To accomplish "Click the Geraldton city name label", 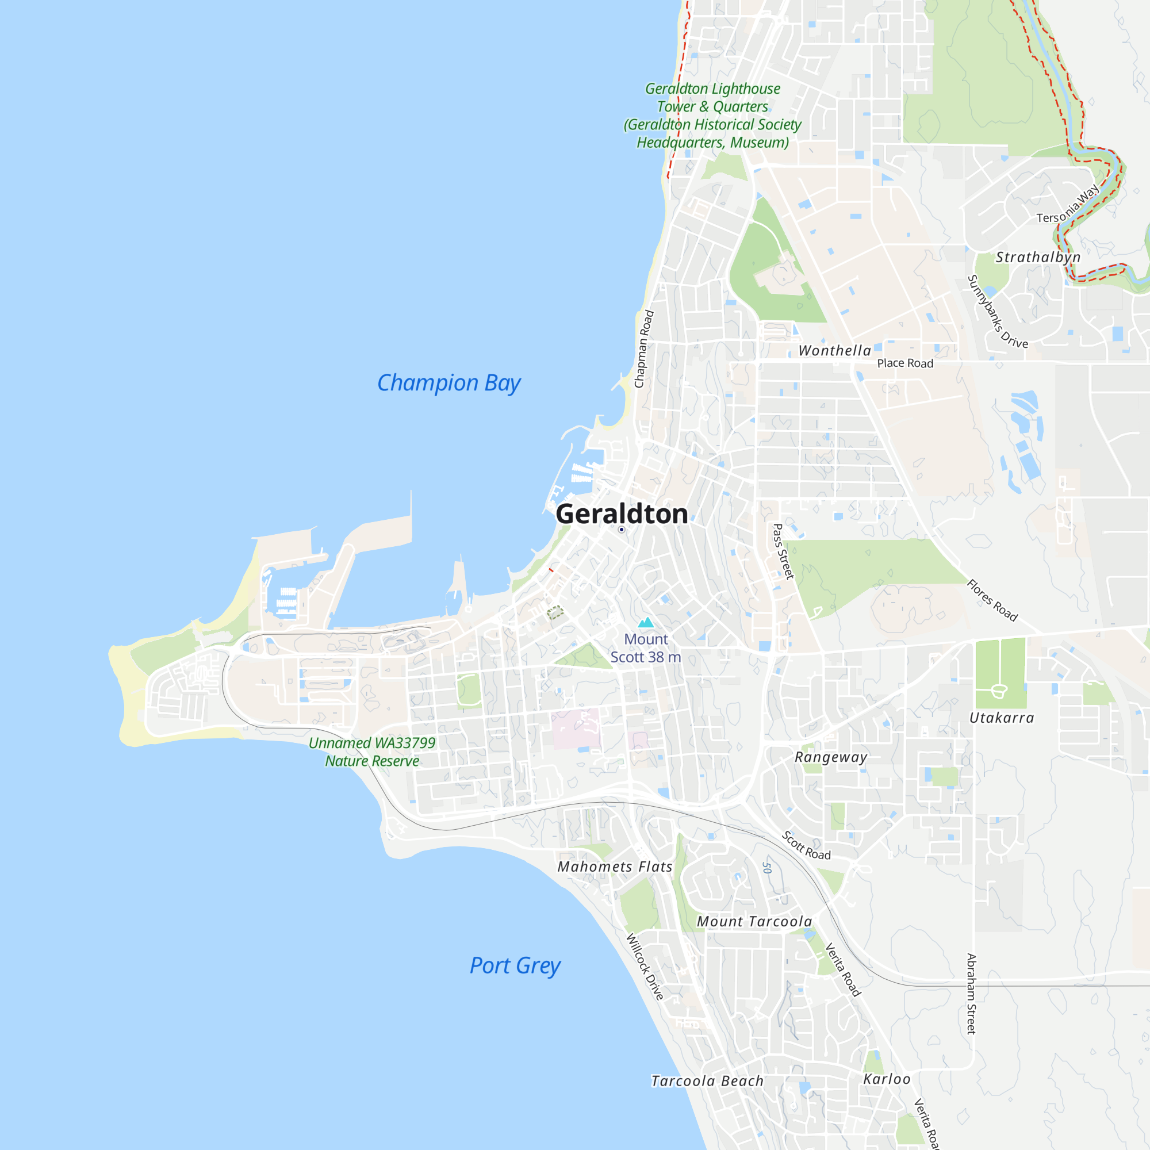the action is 622,513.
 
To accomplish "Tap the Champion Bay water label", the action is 449,383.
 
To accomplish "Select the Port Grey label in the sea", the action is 515,965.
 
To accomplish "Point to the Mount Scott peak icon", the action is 646,623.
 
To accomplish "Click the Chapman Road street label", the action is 644,349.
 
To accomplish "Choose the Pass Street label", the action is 783,552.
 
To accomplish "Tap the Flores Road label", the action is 992,600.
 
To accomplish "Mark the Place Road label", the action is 904,363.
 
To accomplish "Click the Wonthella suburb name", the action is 834,351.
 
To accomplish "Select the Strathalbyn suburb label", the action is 1038,257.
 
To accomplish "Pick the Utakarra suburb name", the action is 1002,718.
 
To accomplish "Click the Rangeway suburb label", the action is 831,757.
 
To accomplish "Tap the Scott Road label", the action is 806,846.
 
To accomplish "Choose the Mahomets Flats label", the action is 615,867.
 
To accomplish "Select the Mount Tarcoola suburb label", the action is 754,921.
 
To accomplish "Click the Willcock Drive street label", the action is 645,967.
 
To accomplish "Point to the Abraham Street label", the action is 971,994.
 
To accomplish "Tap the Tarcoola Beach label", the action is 707,1081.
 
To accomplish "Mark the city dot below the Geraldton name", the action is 622,530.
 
